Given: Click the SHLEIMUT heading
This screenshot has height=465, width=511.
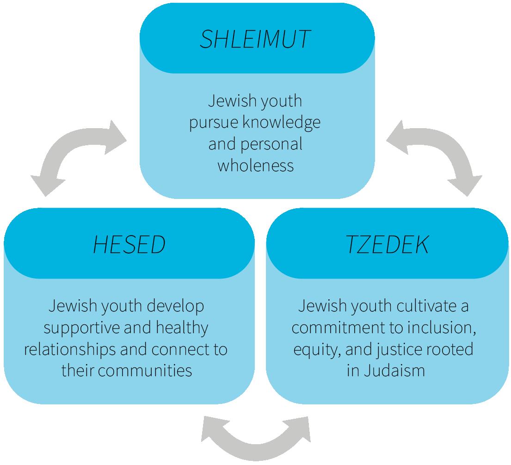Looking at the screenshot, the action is click(255, 39).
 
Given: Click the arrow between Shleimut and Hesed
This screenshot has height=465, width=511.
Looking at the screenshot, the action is click(79, 155).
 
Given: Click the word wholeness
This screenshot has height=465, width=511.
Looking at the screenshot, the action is click(255, 166).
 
